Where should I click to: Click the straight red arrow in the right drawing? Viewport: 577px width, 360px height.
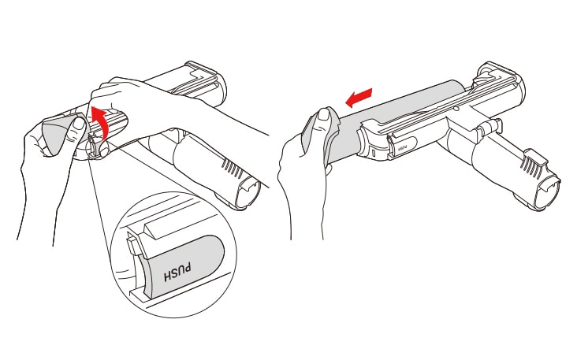(x=359, y=98)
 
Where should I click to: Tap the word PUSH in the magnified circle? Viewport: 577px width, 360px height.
(x=177, y=272)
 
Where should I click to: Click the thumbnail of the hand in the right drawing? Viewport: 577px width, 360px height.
(x=324, y=114)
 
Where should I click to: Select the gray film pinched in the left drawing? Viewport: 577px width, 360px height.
(x=61, y=133)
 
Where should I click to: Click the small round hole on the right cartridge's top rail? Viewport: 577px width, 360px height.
(x=456, y=109)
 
